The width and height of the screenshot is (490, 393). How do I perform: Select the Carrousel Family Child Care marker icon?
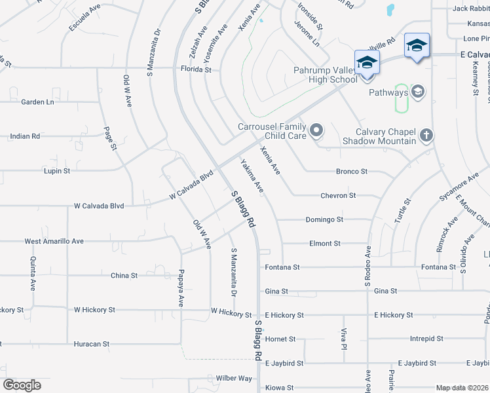pos(317,131)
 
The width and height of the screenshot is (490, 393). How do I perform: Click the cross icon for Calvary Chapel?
pos(426,135)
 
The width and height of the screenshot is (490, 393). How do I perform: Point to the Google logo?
pos(22,385)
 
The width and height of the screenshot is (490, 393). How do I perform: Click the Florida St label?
pos(197,69)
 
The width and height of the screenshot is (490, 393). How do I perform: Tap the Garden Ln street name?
pos(37,102)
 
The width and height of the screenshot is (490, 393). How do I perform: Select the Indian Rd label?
pos(25,136)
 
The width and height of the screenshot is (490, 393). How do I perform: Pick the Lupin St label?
pos(57,171)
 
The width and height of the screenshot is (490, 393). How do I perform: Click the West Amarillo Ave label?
pos(54,241)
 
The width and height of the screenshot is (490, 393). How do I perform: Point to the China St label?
pos(124,276)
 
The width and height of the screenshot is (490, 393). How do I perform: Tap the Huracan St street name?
pos(91,343)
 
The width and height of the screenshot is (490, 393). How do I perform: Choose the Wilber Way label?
pos(234,378)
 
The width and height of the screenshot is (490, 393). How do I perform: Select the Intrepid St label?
pos(426,339)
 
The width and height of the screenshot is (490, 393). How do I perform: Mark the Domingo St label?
pos(324,219)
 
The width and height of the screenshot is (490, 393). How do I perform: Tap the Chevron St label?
pos(338,195)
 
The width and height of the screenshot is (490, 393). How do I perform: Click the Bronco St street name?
pos(351,171)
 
